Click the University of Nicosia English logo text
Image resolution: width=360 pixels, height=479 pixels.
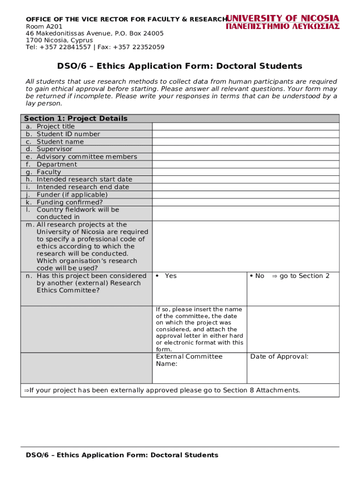(283, 18)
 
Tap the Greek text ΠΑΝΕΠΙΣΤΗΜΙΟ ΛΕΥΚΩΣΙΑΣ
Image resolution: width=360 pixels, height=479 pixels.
(283, 27)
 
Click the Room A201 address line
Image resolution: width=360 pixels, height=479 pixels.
(44, 26)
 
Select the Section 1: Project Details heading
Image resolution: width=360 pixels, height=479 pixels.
(76, 118)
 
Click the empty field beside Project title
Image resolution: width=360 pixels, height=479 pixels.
(245, 126)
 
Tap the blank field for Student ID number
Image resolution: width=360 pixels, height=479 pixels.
(245, 134)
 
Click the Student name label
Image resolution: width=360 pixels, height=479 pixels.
(60, 142)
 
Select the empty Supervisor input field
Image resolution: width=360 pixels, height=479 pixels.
(245, 149)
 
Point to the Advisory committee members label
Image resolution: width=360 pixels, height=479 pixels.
(86, 157)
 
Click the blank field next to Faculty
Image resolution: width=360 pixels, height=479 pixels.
(245, 172)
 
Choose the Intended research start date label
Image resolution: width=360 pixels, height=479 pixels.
(84, 179)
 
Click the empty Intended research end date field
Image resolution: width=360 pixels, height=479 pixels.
(245, 187)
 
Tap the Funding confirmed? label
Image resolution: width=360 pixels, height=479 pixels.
(69, 202)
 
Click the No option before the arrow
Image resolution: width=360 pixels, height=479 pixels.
(259, 276)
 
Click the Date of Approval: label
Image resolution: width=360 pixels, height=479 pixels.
(279, 356)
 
